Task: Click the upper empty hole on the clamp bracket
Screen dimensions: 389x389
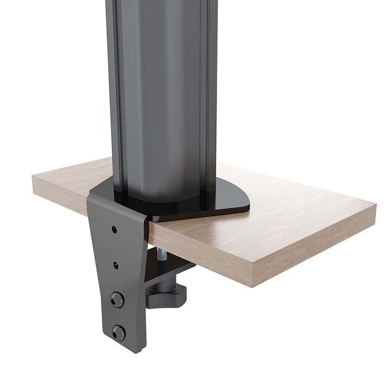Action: pyautogui.click(x=114, y=230)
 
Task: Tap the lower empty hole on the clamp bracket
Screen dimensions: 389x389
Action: pyautogui.click(x=116, y=264)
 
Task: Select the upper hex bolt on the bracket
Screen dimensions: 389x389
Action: pyautogui.click(x=117, y=300)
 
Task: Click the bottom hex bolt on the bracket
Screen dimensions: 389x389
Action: pyautogui.click(x=118, y=332)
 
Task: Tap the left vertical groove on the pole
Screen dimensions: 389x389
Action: pyautogui.click(x=115, y=96)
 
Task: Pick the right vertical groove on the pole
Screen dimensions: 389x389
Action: pyautogui.click(x=207, y=96)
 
